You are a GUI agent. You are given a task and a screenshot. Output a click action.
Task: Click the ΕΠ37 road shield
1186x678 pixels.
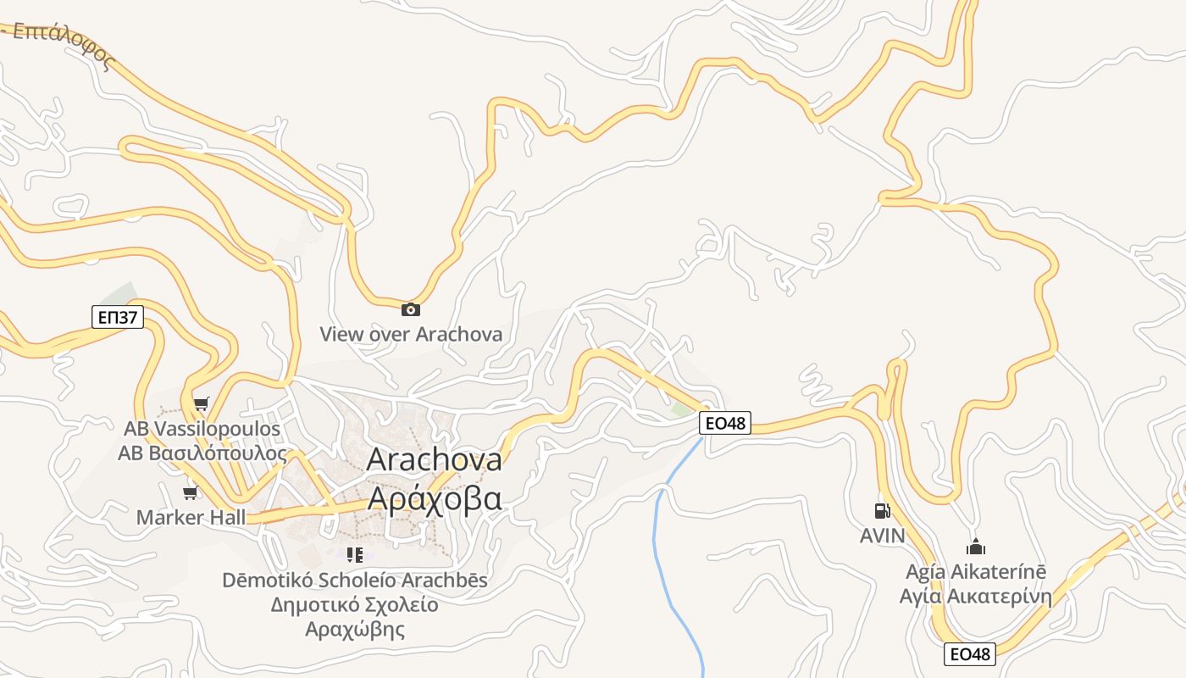(x=118, y=318)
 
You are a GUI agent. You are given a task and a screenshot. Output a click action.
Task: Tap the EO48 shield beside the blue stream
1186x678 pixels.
(x=726, y=422)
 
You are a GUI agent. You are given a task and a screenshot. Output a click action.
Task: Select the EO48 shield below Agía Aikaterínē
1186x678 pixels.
(x=970, y=653)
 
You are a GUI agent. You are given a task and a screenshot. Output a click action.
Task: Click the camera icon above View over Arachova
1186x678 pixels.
(x=411, y=309)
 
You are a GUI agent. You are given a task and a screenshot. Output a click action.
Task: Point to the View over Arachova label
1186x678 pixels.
(x=411, y=334)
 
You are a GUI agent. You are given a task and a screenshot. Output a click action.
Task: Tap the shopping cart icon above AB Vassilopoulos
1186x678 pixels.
(x=201, y=403)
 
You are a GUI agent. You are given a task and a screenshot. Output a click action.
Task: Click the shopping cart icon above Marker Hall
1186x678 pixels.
(x=191, y=492)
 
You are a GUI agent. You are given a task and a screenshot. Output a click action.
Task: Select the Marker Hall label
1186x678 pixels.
(x=191, y=517)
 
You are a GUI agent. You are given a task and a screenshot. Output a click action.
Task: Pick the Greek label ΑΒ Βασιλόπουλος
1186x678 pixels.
(x=202, y=453)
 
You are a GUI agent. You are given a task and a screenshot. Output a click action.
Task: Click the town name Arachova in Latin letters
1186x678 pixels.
(x=434, y=459)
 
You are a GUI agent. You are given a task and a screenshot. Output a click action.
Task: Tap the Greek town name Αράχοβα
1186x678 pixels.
(x=434, y=498)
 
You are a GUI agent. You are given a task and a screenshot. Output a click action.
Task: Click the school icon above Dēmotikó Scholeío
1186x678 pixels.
(x=355, y=555)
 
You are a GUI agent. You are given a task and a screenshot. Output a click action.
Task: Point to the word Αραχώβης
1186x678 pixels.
(x=354, y=630)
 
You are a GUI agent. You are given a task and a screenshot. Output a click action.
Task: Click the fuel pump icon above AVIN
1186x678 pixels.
(x=882, y=511)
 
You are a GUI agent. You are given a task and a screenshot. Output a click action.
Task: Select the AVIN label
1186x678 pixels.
(x=882, y=536)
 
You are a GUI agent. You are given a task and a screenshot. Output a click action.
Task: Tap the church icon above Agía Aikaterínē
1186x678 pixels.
(x=976, y=547)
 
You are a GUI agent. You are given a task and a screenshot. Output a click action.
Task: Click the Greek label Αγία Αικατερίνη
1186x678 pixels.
(x=976, y=596)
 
